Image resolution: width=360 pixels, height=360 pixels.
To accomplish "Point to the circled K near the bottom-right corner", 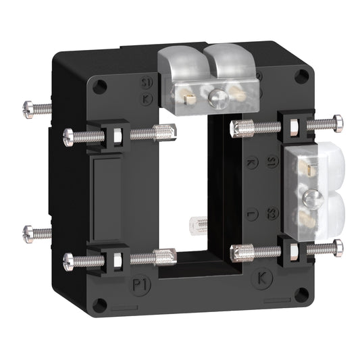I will pos(262,278).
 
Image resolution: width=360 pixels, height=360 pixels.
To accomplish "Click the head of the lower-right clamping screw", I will pos(336,248).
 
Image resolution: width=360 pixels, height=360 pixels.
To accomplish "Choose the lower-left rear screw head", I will pos(28,233).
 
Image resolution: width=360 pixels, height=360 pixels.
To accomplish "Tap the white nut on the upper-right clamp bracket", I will pos(294,126).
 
